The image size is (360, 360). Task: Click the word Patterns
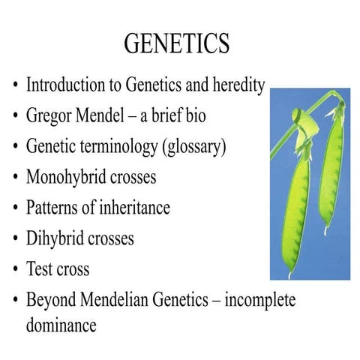click(53, 208)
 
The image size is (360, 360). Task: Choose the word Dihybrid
click(55, 238)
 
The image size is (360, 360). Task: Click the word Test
click(40, 269)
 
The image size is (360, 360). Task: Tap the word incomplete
click(258, 300)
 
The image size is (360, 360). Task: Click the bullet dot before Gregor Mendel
click(15, 117)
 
